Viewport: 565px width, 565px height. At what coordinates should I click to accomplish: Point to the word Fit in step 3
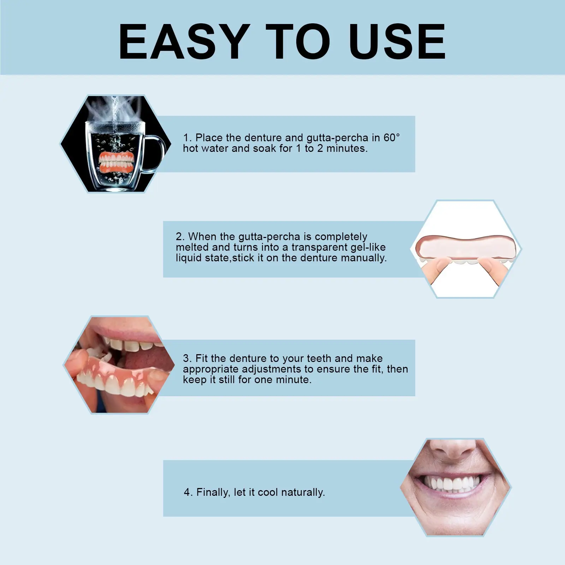click(x=202, y=358)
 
